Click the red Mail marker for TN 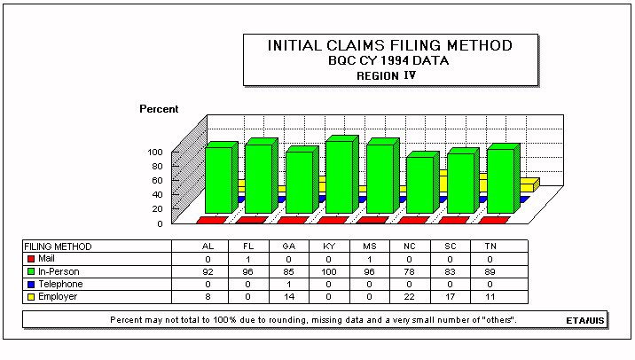(x=494, y=220)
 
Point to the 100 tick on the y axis (x=155, y=153)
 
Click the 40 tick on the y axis (x=157, y=195)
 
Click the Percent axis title (x=159, y=109)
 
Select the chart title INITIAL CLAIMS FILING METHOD (x=390, y=45)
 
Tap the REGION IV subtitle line (x=387, y=75)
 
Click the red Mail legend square (x=31, y=258)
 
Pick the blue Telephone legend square (x=31, y=285)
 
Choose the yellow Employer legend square (x=31, y=297)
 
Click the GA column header (x=289, y=247)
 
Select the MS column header (x=369, y=247)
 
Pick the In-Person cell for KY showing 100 (x=329, y=271)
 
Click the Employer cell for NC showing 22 (x=410, y=297)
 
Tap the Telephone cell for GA (x=289, y=285)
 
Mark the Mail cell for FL (x=247, y=259)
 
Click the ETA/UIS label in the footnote (x=585, y=321)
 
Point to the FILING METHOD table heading (x=58, y=247)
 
